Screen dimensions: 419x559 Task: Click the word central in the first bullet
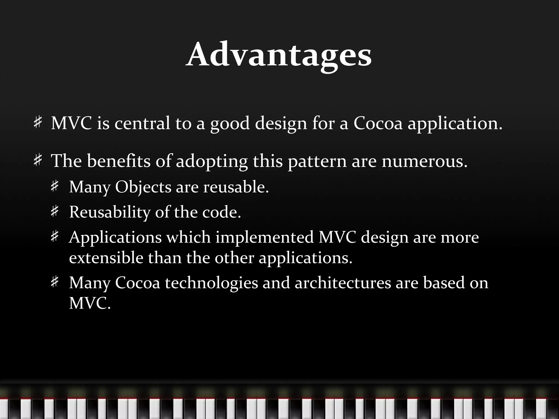pyautogui.click(x=142, y=123)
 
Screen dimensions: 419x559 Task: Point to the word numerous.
pyautogui.click(x=424, y=161)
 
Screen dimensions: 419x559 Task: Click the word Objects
pyautogui.click(x=143, y=187)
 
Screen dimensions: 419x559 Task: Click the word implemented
pyautogui.click(x=264, y=237)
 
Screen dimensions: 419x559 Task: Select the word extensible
pyautogui.click(x=106, y=258)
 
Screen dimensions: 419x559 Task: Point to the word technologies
pyautogui.click(x=211, y=283)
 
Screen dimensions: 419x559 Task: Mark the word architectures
pyautogui.click(x=343, y=283)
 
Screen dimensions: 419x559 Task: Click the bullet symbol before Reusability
pyautogui.click(x=55, y=211)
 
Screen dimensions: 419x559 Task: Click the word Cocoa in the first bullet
pyautogui.click(x=378, y=123)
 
